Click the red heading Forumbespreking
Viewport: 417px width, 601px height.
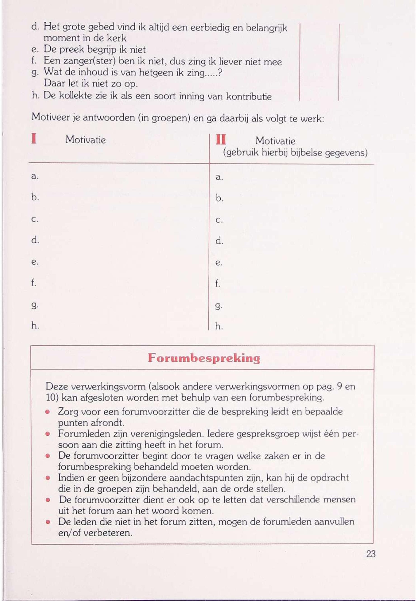(204, 358)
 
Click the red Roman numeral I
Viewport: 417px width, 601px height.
(34, 139)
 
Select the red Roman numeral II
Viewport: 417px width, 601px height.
(221, 140)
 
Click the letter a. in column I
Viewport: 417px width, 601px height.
(35, 176)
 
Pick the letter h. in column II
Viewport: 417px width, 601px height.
(219, 326)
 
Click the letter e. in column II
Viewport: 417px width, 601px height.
(219, 263)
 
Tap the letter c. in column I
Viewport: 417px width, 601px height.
(35, 219)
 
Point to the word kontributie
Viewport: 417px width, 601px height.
(249, 97)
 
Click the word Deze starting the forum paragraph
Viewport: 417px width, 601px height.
(57, 386)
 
